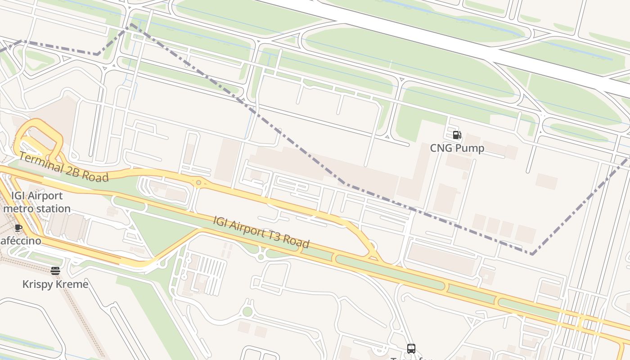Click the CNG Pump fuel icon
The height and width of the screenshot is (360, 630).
click(457, 135)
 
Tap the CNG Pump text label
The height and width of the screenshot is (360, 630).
click(457, 148)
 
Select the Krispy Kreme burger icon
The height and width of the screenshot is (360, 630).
click(55, 271)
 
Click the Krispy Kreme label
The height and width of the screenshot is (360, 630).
click(55, 284)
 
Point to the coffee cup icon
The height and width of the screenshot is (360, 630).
click(18, 228)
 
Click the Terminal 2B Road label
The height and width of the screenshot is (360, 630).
click(63, 167)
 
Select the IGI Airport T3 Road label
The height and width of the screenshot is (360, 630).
click(261, 232)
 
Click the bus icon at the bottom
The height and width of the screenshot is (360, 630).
click(411, 349)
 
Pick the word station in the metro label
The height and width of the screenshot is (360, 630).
click(54, 209)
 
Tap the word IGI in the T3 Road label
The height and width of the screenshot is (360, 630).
click(220, 221)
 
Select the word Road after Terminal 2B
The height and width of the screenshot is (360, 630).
click(96, 176)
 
